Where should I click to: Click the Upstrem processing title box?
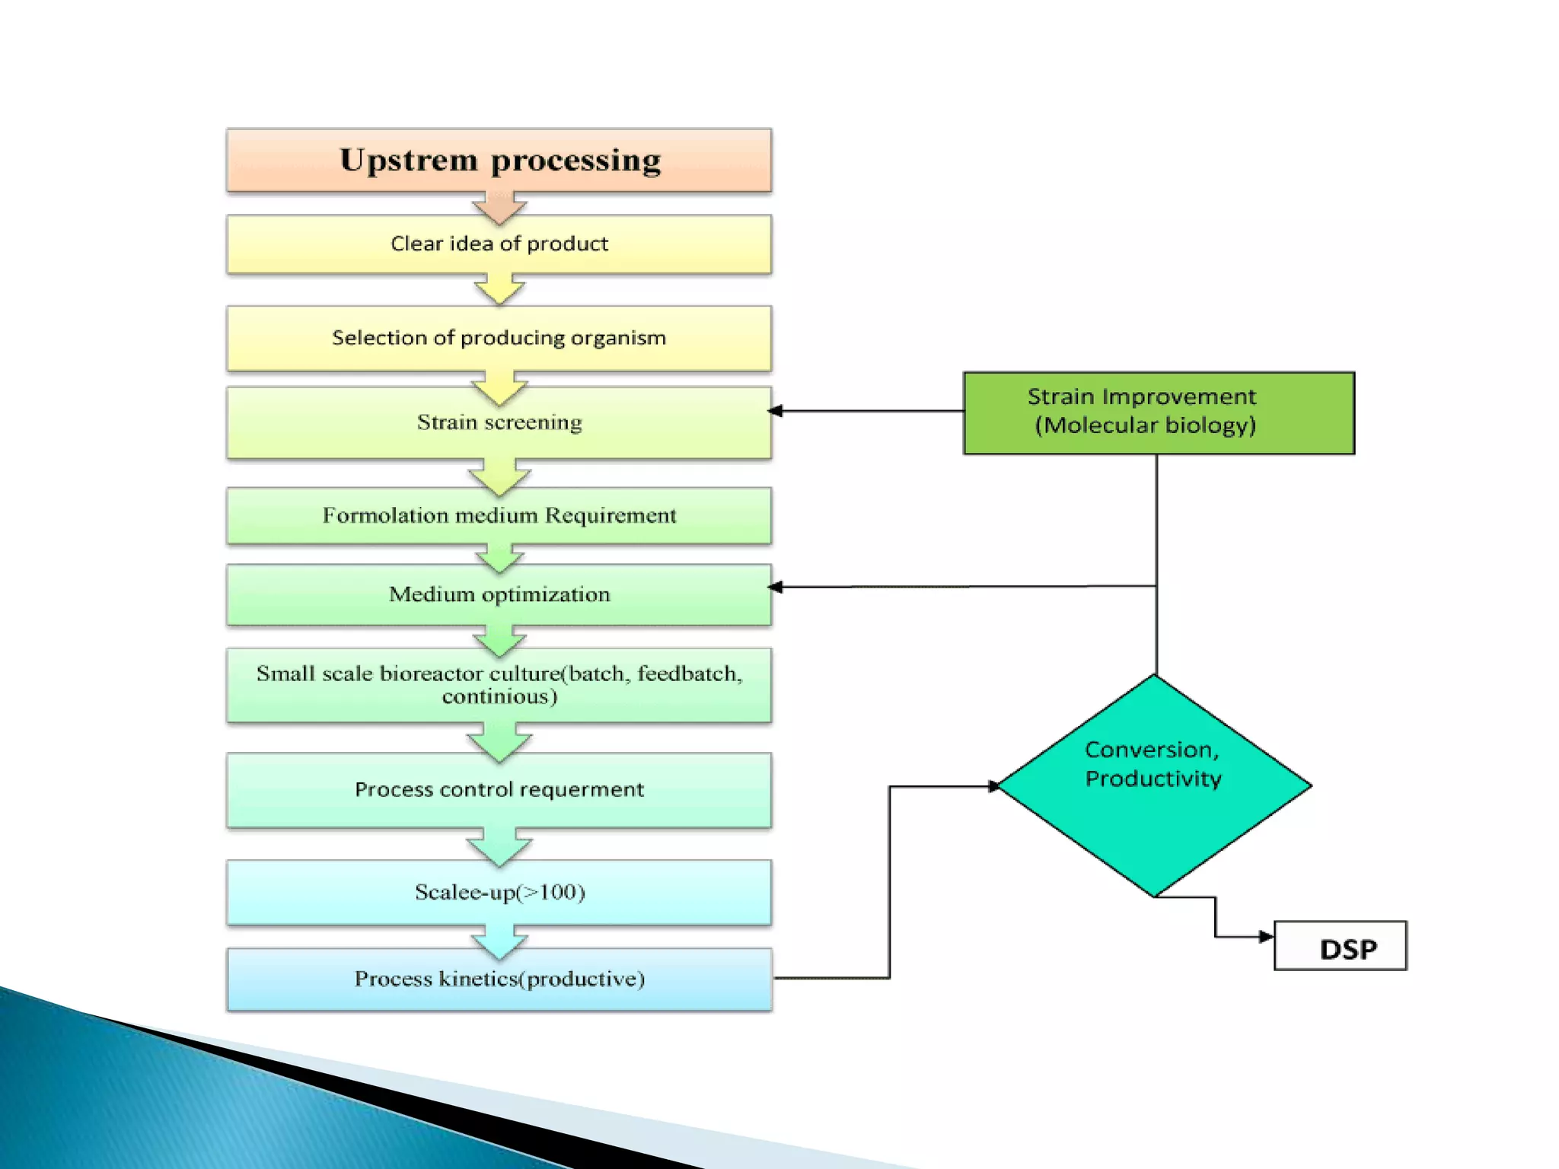tap(499, 161)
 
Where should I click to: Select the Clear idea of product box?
tap(499, 244)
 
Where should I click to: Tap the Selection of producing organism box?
tap(499, 338)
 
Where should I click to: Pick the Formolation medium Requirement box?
tap(499, 516)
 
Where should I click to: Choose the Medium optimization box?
tap(499, 595)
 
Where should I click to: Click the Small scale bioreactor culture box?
tap(499, 685)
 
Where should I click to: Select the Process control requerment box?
tap(499, 790)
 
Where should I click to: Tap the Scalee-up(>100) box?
tap(499, 892)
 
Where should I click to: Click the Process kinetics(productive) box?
tap(499, 979)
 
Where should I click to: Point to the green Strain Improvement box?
tap(1159, 412)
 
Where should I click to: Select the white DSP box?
tap(1340, 946)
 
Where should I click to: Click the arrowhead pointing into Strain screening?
tap(776, 411)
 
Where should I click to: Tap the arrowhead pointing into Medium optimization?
tap(776, 587)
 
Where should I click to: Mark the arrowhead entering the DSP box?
tap(1266, 936)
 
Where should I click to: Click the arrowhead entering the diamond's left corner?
tap(993, 786)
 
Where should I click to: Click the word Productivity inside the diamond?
tap(1153, 779)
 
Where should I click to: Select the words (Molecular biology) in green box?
tap(1145, 425)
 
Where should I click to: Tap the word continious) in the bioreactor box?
tap(499, 696)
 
